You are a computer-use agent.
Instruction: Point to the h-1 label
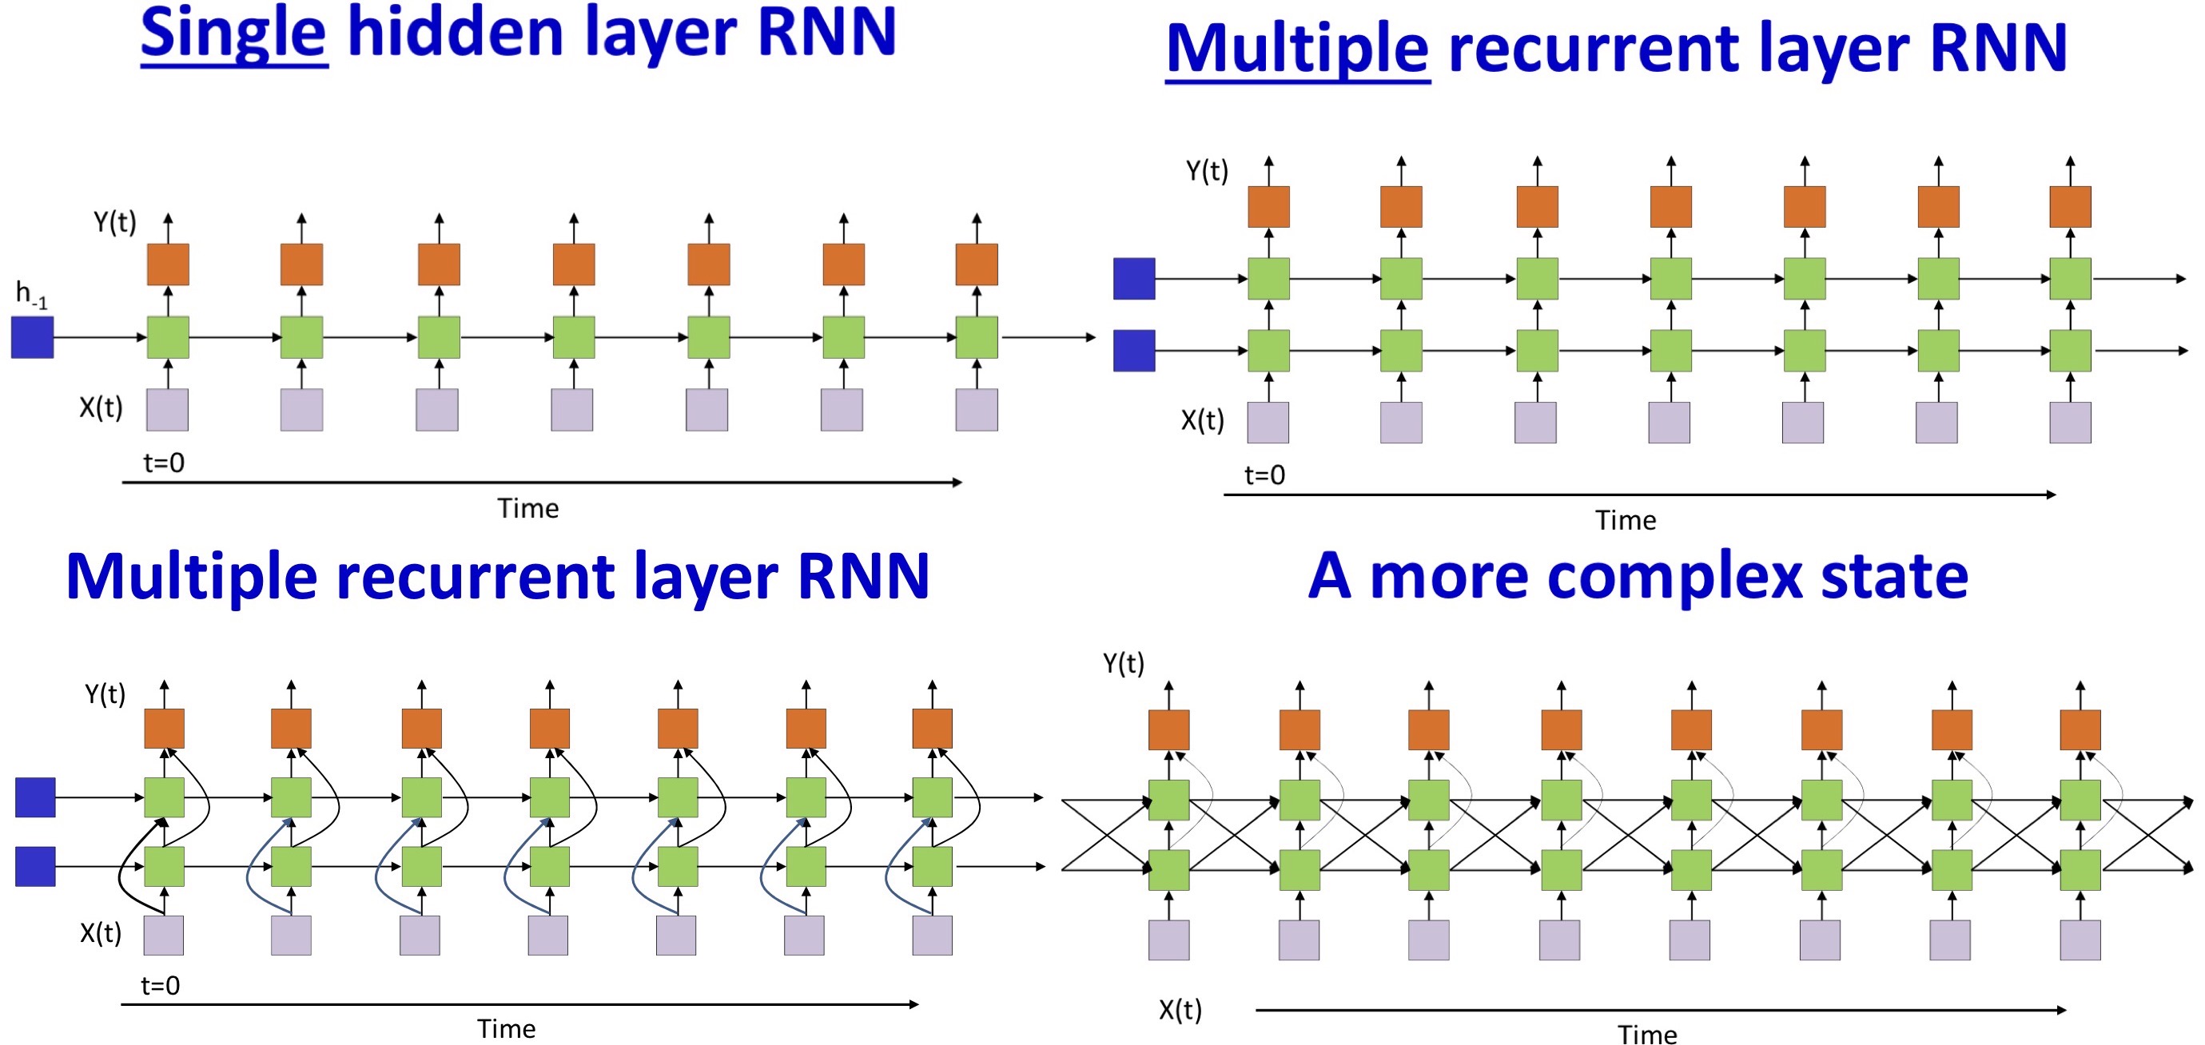(32, 295)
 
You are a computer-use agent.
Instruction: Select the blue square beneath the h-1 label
(33, 337)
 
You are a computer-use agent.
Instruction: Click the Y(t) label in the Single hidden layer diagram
(115, 223)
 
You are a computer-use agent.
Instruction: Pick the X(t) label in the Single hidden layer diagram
(101, 407)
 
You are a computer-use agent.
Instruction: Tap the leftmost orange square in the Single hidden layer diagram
(168, 264)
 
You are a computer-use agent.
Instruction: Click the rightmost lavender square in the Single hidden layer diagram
(977, 410)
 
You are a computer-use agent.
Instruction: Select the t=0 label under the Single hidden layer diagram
(164, 463)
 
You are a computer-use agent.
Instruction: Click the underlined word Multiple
(1297, 49)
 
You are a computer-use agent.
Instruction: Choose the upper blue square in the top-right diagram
(1134, 279)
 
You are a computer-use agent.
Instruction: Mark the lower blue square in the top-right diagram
(1134, 351)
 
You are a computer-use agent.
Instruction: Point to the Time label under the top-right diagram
(1626, 520)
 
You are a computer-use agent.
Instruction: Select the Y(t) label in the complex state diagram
(1123, 663)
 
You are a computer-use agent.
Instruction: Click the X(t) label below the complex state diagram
(1180, 1010)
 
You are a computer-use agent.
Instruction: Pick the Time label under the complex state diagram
(1647, 1035)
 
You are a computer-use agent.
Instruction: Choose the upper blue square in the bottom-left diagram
(35, 797)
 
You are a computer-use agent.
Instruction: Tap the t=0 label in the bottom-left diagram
(160, 986)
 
